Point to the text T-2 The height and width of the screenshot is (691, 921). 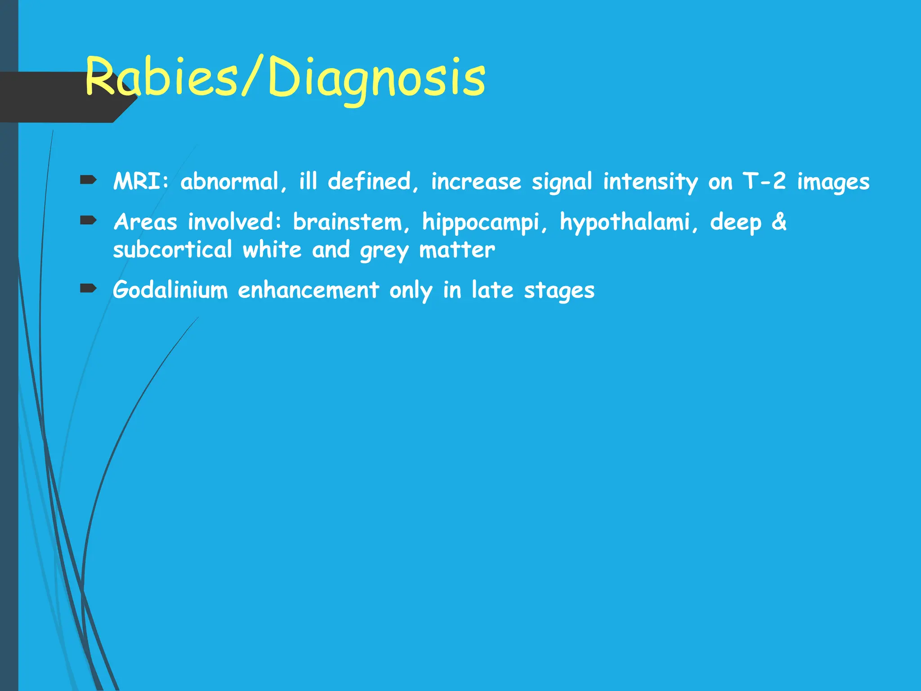(764, 182)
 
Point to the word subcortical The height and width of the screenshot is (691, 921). (173, 250)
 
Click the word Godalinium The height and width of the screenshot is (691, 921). (170, 290)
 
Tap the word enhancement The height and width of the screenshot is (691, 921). (308, 290)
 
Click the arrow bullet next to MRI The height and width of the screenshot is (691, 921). (89, 180)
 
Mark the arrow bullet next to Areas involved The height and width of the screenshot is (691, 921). (89, 220)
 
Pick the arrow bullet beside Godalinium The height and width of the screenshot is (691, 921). (89, 288)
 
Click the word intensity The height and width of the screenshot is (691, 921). (650, 182)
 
